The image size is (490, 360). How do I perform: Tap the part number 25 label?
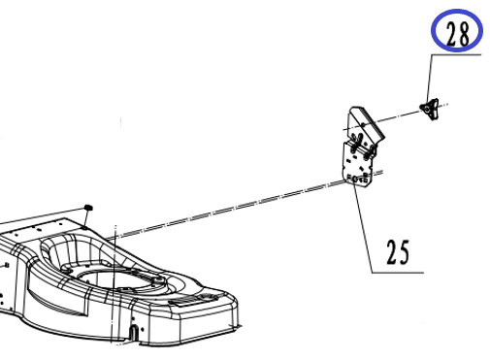click(398, 251)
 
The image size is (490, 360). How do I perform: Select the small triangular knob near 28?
click(430, 109)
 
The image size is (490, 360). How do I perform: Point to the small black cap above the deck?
click(88, 207)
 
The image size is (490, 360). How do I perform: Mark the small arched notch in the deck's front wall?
click(133, 333)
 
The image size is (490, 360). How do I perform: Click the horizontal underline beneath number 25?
click(398, 273)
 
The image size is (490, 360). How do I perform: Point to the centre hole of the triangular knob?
click(427, 110)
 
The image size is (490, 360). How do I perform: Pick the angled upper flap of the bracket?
click(365, 124)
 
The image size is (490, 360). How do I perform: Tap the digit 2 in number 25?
click(392, 252)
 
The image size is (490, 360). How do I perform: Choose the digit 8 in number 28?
click(463, 33)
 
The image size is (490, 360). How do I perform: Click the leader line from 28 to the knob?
click(429, 78)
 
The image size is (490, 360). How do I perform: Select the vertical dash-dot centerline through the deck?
click(114, 284)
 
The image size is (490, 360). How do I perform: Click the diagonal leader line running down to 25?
click(363, 229)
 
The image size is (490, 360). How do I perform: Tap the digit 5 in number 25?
click(404, 251)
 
